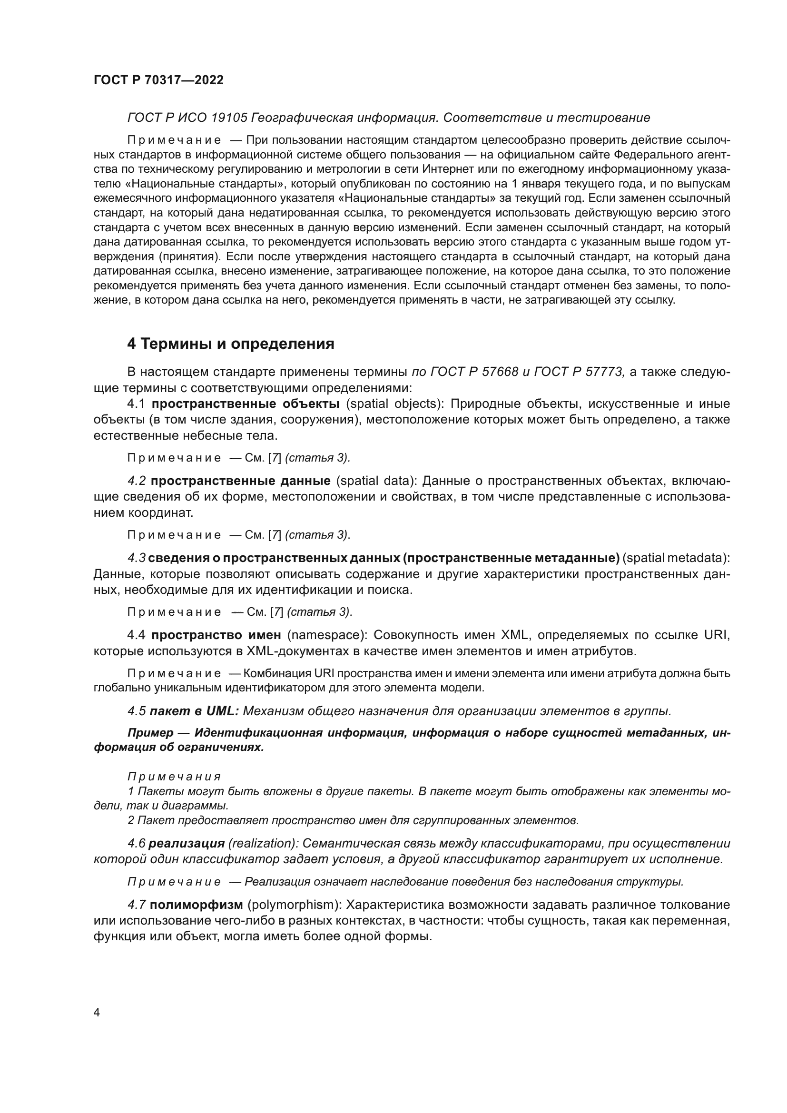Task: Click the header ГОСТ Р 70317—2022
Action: point(158,80)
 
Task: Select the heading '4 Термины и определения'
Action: point(231,344)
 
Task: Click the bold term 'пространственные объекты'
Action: point(245,404)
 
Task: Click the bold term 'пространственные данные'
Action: point(240,481)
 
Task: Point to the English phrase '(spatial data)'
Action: point(375,481)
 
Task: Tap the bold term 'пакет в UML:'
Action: point(194,711)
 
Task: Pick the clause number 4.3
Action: point(137,558)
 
